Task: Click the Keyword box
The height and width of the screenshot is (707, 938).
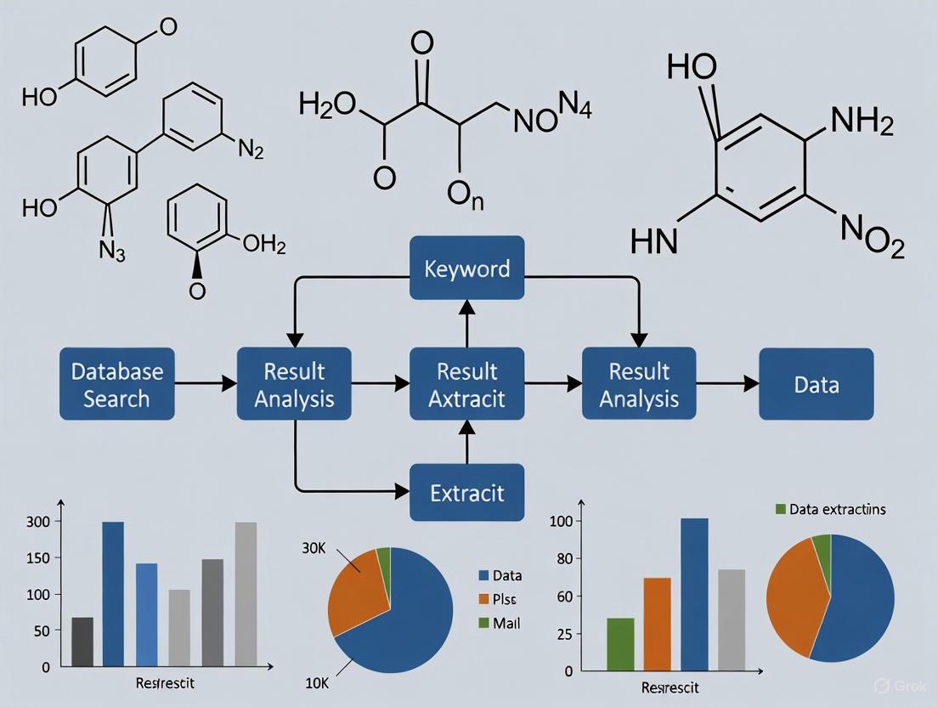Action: (x=466, y=269)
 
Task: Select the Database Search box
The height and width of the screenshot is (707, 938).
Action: (x=117, y=384)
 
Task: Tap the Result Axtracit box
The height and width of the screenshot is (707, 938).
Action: (x=466, y=384)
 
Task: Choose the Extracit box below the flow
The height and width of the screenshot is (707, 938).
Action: (x=466, y=492)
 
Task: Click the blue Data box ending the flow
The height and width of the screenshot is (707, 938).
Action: (x=816, y=384)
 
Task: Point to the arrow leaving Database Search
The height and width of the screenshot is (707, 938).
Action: (x=205, y=384)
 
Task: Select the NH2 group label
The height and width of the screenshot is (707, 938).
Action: (x=861, y=125)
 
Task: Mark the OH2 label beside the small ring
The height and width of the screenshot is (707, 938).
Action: (x=263, y=246)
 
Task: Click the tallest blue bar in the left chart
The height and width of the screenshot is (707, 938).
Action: (x=113, y=593)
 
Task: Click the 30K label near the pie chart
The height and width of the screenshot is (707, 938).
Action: (x=315, y=548)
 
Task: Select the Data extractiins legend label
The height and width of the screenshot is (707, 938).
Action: (x=836, y=509)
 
